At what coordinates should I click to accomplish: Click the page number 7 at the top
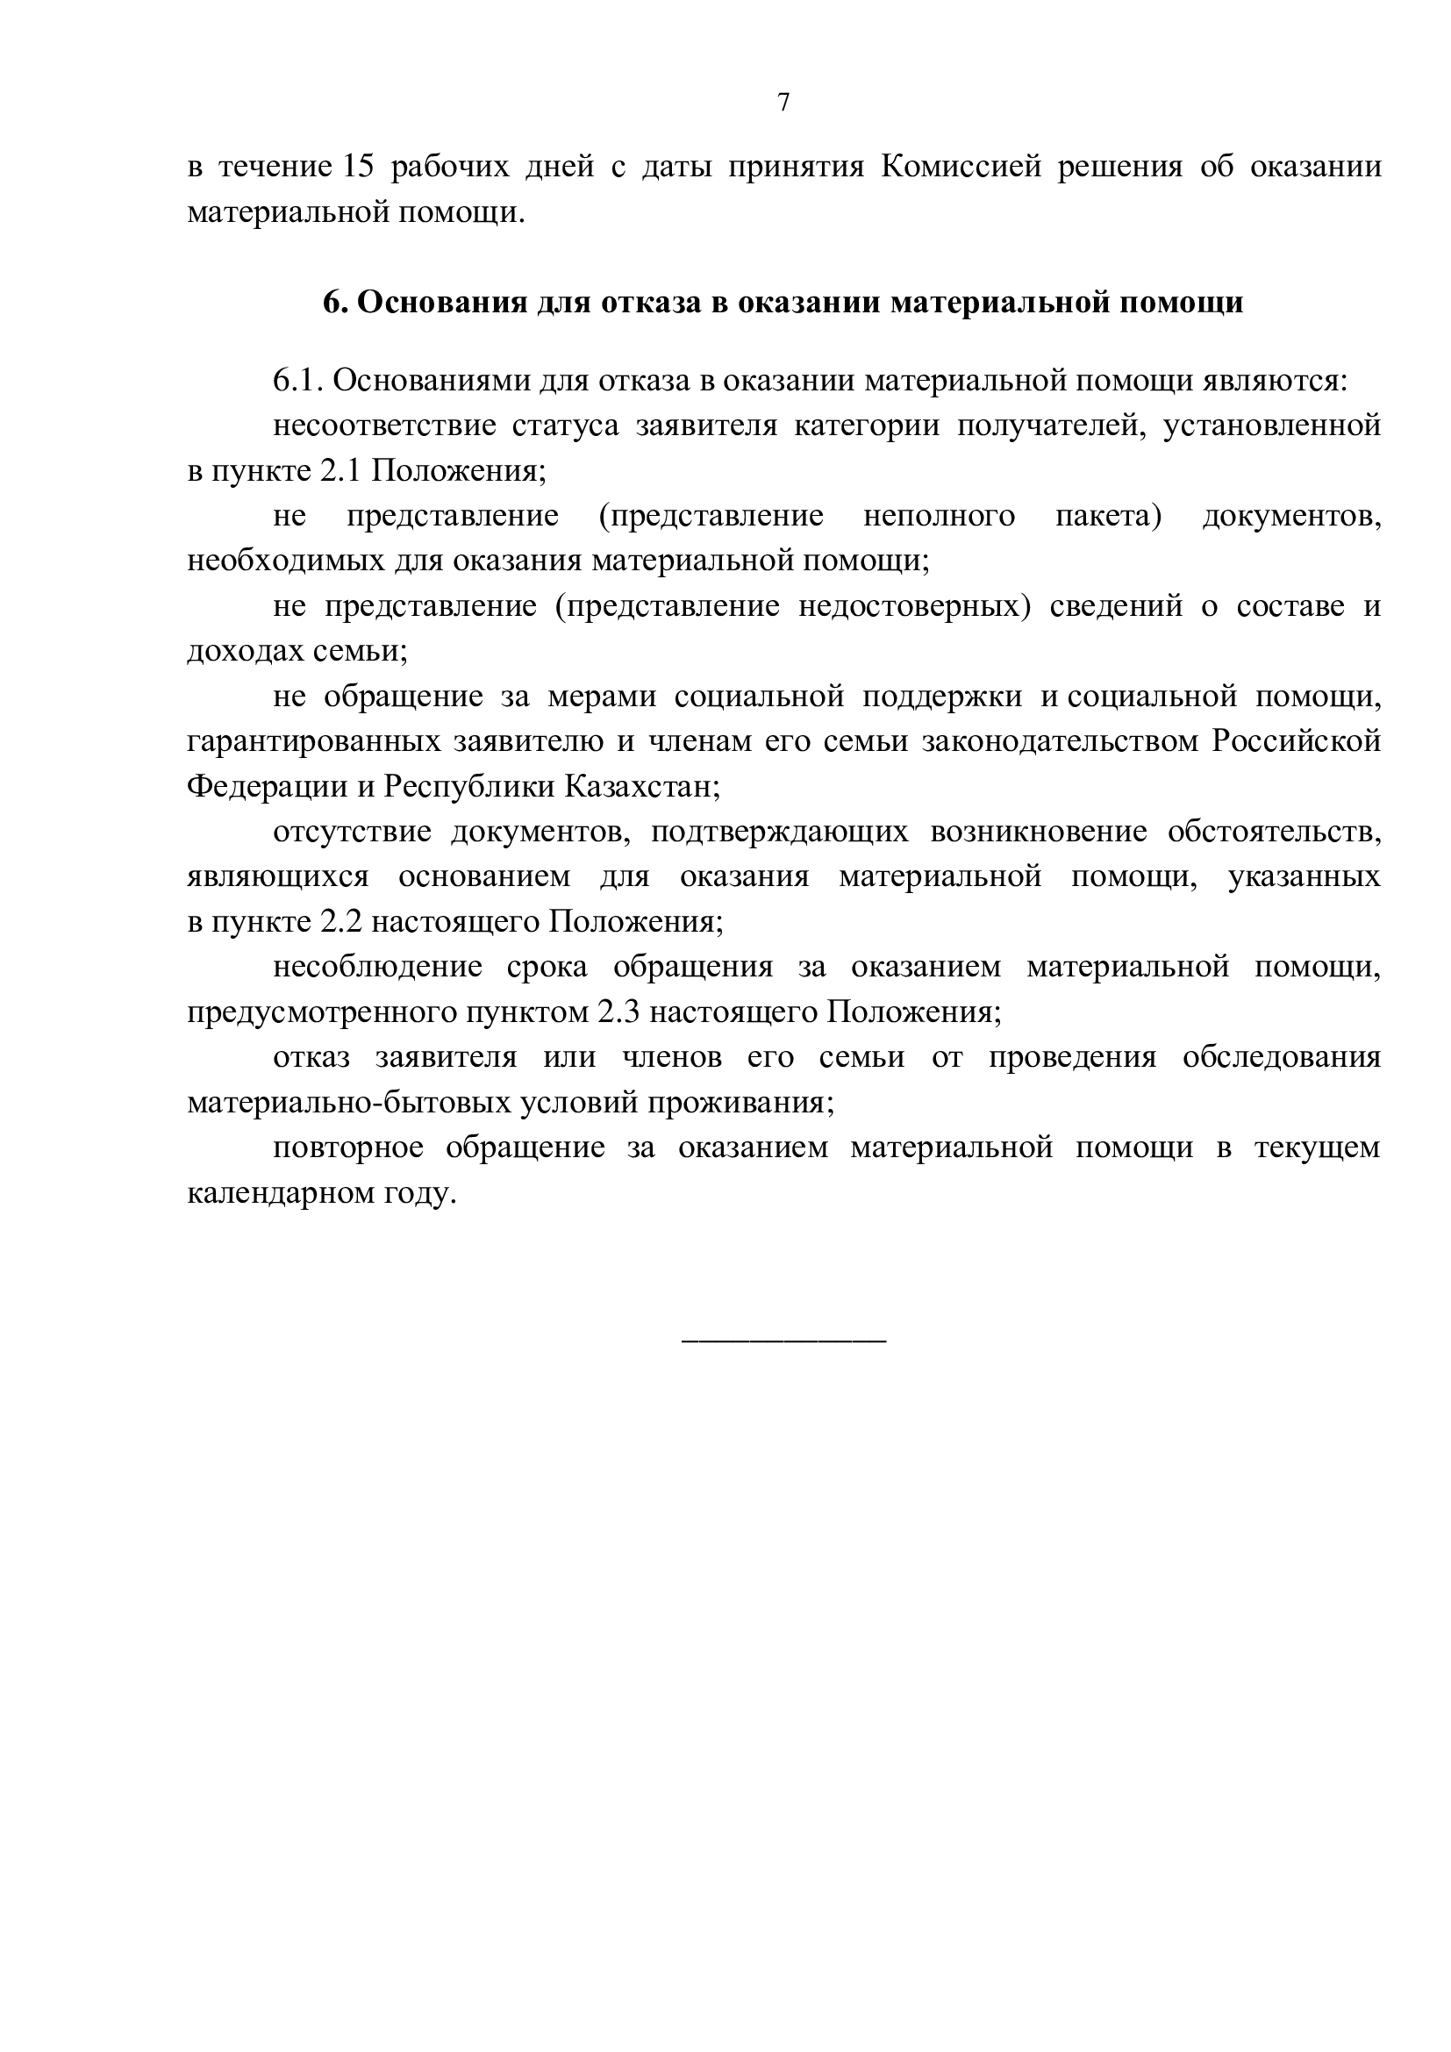point(783,103)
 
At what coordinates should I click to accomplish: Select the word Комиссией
point(961,168)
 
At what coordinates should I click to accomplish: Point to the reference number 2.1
point(340,471)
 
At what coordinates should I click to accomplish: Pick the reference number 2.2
point(340,921)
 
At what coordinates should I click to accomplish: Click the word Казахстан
point(640,786)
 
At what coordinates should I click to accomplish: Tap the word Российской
point(1296,741)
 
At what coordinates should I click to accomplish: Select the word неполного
point(938,516)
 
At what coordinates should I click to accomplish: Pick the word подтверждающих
point(779,831)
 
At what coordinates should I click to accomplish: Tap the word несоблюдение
point(377,966)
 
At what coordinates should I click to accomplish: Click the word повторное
point(347,1147)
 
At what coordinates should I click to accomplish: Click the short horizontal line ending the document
point(783,1341)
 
